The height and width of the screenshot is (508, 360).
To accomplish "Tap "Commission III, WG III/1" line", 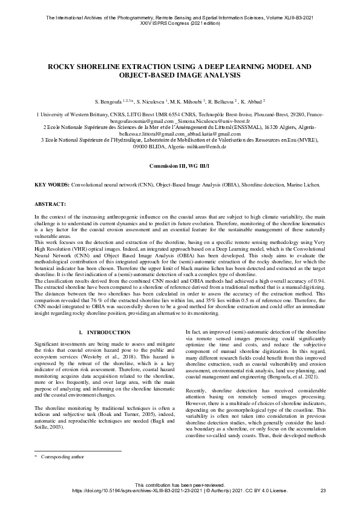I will click(x=180, y=165).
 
